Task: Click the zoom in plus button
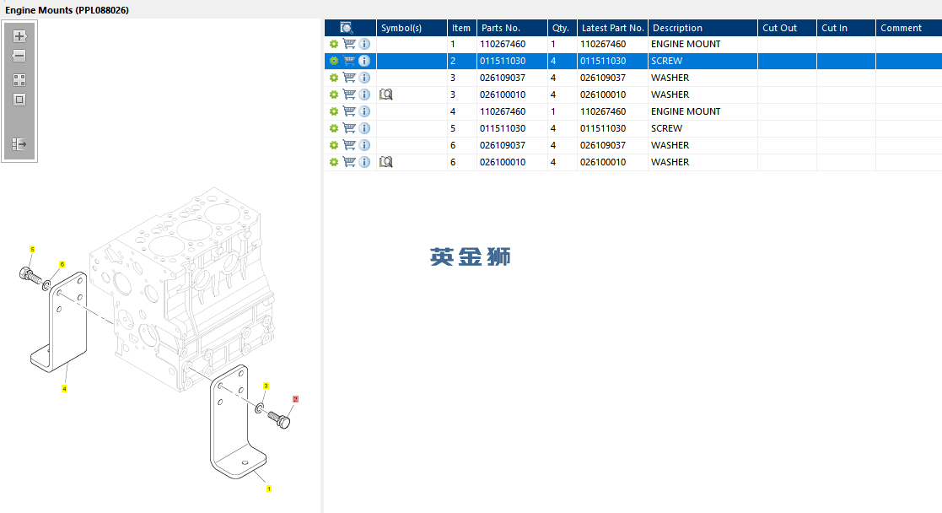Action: [x=19, y=36]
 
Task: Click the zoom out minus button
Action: [x=19, y=56]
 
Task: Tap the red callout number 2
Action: [x=295, y=399]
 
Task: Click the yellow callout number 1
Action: [x=268, y=489]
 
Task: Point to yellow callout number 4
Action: [x=64, y=388]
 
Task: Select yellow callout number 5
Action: [x=32, y=249]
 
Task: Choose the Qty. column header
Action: [x=561, y=28]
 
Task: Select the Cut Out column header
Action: [x=779, y=28]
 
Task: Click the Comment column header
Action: [x=901, y=28]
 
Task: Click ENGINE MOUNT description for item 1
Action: [x=686, y=44]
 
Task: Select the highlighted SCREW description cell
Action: [x=667, y=61]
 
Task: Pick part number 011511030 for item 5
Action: [x=503, y=128]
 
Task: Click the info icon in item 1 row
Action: [x=364, y=44]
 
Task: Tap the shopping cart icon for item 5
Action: [x=349, y=128]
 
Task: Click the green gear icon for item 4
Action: [x=333, y=111]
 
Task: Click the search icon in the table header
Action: [x=346, y=28]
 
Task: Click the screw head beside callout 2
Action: [x=283, y=422]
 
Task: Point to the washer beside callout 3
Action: [x=260, y=408]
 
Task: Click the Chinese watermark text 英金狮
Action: [x=471, y=256]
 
